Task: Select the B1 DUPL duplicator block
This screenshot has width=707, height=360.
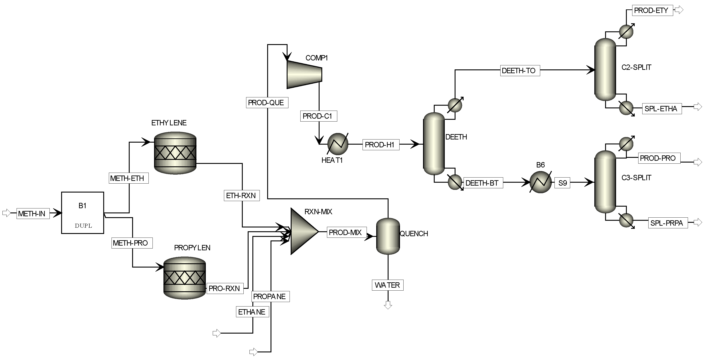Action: pyautogui.click(x=82, y=213)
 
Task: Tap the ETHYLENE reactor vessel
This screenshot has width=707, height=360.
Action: pyautogui.click(x=175, y=153)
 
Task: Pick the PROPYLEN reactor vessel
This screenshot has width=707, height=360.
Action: pyautogui.click(x=185, y=278)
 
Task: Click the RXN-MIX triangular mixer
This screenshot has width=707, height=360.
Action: pyautogui.click(x=302, y=231)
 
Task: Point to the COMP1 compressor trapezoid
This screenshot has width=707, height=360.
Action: pyautogui.click(x=304, y=74)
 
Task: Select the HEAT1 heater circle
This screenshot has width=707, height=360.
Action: pyautogui.click(x=337, y=144)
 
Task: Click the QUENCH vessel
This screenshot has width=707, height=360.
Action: pyautogui.click(x=388, y=236)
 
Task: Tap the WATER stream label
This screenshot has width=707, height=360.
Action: pyautogui.click(x=387, y=285)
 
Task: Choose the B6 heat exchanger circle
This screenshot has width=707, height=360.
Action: pyautogui.click(x=540, y=182)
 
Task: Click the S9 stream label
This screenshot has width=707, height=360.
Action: pyautogui.click(x=562, y=183)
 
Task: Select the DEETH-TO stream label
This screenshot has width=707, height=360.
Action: pyautogui.click(x=520, y=71)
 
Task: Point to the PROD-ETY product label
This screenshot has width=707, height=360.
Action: pyautogui.click(x=652, y=11)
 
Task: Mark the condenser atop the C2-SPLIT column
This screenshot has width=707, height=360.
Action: pyautogui.click(x=626, y=32)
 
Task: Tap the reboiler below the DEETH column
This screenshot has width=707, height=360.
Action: pyautogui.click(x=455, y=182)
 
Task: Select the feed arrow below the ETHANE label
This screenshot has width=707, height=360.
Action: pyautogui.click(x=217, y=333)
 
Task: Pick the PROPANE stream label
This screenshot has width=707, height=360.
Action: pyautogui.click(x=270, y=296)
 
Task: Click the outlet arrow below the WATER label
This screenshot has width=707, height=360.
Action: pyautogui.click(x=388, y=305)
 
